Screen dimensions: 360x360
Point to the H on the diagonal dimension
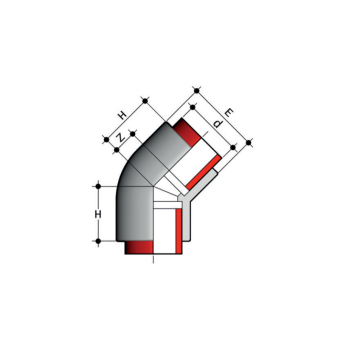121,113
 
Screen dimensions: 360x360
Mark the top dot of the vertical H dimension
99,185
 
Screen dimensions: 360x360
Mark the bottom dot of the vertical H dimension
99,243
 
